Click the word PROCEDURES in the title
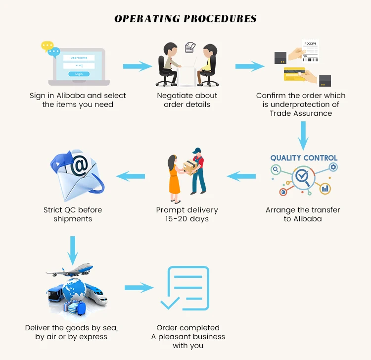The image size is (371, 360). click(220, 19)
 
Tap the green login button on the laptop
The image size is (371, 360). click(79, 74)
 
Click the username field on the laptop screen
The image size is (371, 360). click(79, 57)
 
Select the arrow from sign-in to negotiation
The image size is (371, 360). click(137, 66)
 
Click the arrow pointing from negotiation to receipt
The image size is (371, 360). click(248, 66)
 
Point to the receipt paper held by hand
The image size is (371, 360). click(310, 51)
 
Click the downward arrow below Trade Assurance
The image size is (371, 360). click(303, 134)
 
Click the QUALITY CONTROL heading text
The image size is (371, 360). click(304, 158)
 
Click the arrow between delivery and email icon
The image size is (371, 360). click(130, 175)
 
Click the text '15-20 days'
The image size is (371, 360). click(186, 219)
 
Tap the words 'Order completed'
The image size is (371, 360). click(188, 327)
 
